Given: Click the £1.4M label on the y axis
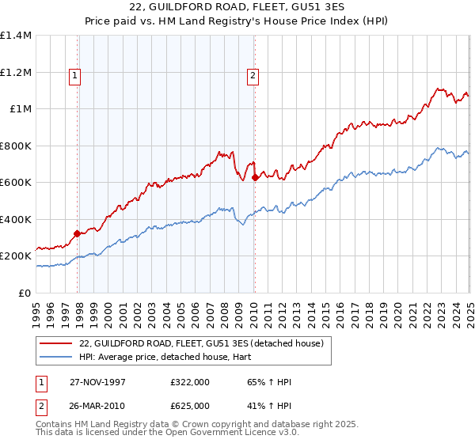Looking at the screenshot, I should click(x=16, y=36).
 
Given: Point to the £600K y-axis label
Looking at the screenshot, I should click(x=16, y=183).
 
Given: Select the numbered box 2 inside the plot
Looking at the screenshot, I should click(x=253, y=76).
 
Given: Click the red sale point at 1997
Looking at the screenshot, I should click(x=78, y=233).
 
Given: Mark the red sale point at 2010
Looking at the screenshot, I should click(x=255, y=178).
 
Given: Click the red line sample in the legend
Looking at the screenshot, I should click(x=55, y=344).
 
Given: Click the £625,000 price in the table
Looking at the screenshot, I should click(x=191, y=404).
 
